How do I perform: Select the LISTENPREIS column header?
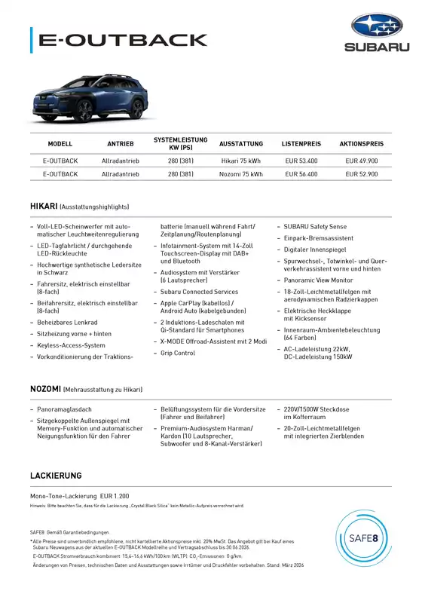click(x=301, y=143)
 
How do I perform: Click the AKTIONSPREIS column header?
click(x=362, y=143)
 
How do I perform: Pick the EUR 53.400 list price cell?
click(x=301, y=161)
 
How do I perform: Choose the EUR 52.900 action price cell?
click(x=362, y=174)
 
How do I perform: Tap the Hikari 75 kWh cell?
click(x=241, y=161)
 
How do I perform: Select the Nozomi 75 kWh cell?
click(x=241, y=174)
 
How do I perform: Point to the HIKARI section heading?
click(x=45, y=206)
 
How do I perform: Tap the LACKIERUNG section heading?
click(x=56, y=476)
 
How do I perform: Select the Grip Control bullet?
click(x=178, y=353)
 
